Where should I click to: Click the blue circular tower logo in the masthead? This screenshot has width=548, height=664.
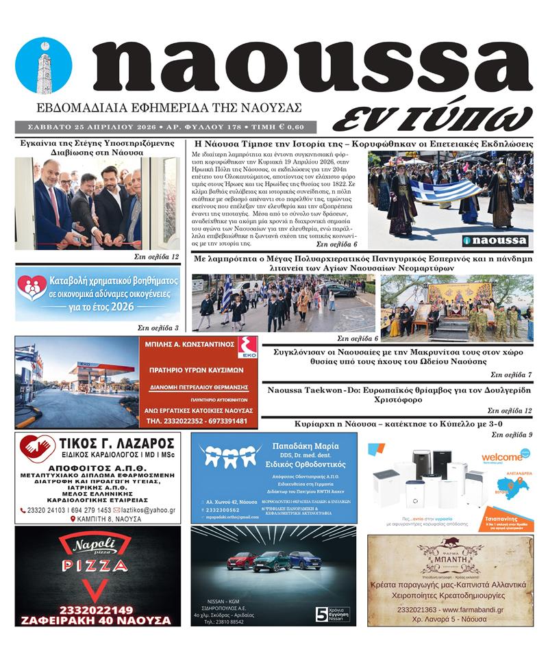point(43,65)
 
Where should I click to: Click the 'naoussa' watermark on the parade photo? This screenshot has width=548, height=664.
point(495,240)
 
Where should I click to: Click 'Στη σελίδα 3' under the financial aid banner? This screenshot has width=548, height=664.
point(158,328)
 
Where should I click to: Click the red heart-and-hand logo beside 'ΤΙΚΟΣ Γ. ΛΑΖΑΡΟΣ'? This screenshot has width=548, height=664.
point(38,449)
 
